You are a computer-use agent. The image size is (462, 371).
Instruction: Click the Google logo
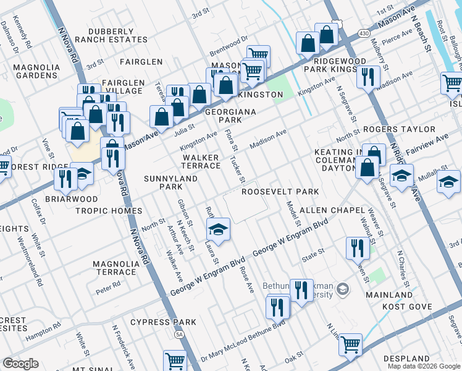tap(20, 364)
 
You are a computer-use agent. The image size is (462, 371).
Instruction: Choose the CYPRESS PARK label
tap(163, 322)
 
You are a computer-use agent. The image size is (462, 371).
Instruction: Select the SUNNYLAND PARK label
tap(163, 182)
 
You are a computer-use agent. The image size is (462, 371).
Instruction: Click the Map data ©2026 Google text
tap(423, 366)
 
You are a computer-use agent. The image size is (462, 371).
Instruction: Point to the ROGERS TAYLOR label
tap(399, 130)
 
